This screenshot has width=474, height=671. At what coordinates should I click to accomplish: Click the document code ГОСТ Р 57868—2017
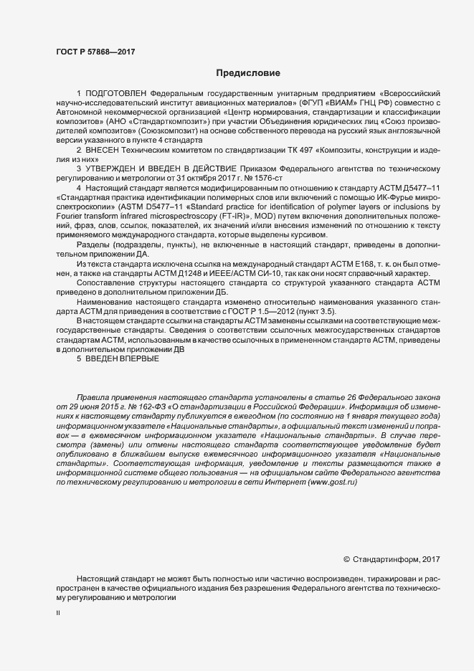[95, 51]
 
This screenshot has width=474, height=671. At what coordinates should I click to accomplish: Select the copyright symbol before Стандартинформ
[347, 560]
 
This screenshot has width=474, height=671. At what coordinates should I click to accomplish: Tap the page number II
[58, 613]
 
